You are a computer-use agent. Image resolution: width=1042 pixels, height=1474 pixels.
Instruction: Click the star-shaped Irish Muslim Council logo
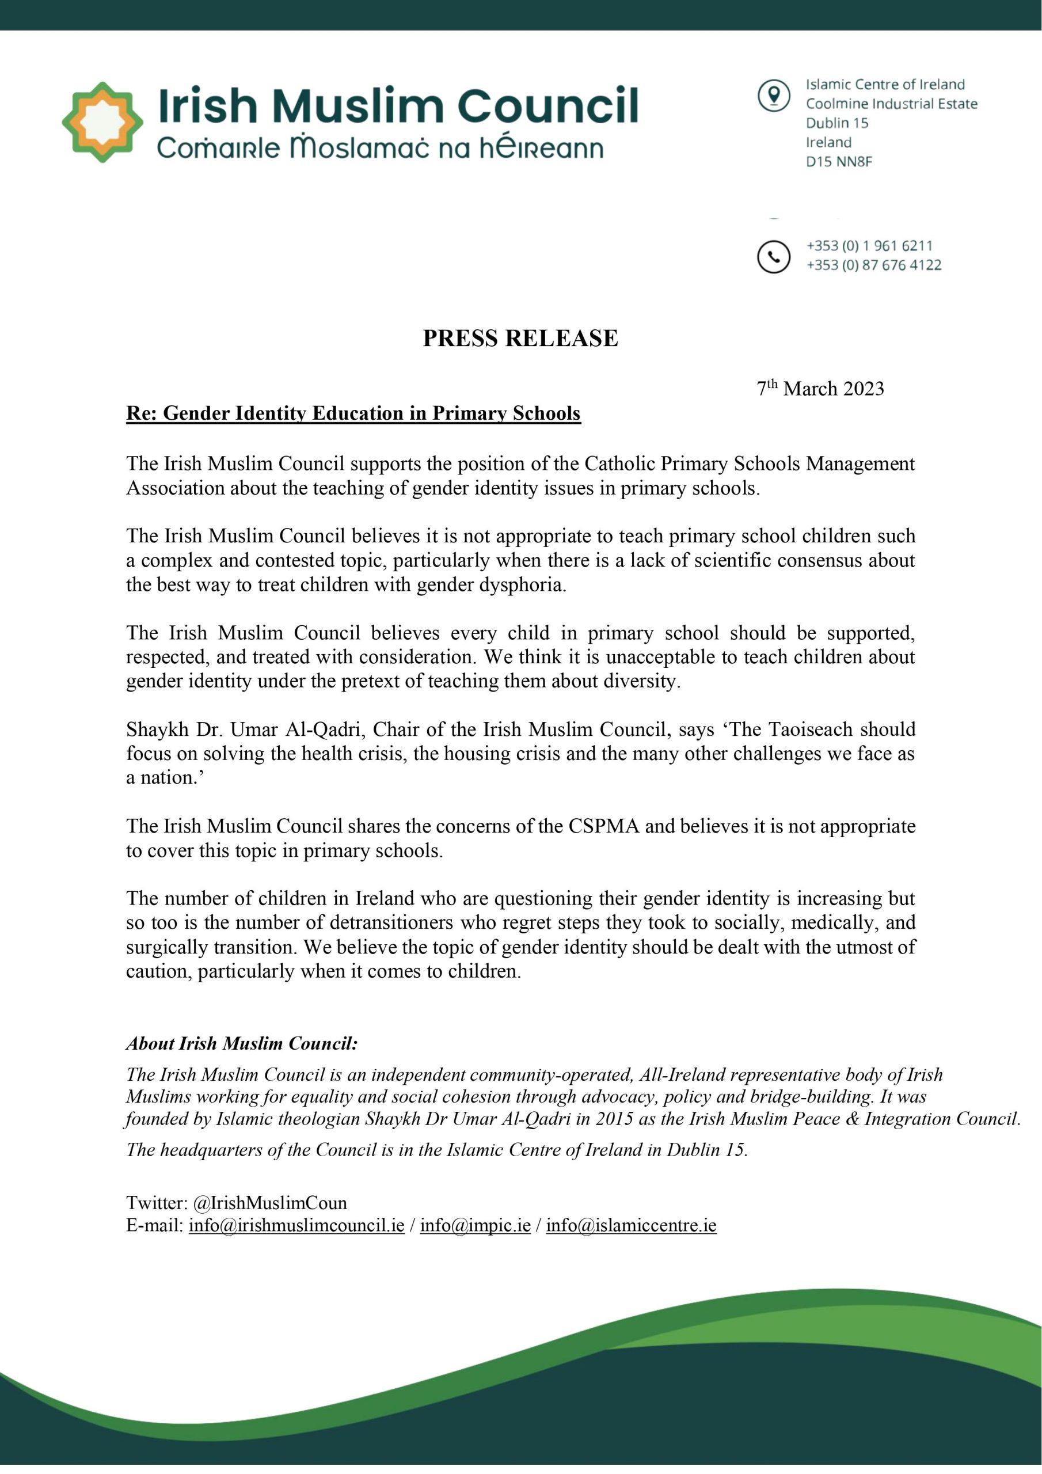pos(102,122)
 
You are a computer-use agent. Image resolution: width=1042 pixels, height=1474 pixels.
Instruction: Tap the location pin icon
pos(774,96)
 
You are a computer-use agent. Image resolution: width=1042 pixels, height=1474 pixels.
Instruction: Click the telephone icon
pos(774,257)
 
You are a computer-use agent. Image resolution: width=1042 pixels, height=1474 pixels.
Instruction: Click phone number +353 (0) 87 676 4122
pos(874,265)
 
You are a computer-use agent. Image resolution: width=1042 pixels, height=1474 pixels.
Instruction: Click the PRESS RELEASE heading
pos(520,339)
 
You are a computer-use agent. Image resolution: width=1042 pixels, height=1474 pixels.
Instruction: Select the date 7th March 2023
pos(820,389)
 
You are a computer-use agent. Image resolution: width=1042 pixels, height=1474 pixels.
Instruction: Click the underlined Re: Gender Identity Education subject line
pos(353,413)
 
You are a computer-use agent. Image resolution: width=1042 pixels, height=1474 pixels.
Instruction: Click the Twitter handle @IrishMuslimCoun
pos(269,1202)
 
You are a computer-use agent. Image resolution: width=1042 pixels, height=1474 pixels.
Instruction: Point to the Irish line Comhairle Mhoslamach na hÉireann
pos(380,149)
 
